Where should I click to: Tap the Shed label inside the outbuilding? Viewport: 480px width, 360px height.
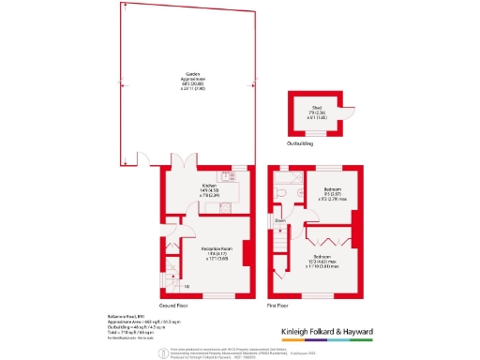pos(317,108)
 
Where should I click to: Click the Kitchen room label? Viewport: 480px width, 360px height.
pos(210,186)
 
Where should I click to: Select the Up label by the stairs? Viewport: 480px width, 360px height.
pos(186,286)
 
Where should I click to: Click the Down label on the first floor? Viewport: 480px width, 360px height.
pos(279,221)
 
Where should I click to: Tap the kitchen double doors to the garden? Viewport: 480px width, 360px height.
pos(187,161)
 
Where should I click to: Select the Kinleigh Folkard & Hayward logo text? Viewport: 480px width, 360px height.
pos(342,331)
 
